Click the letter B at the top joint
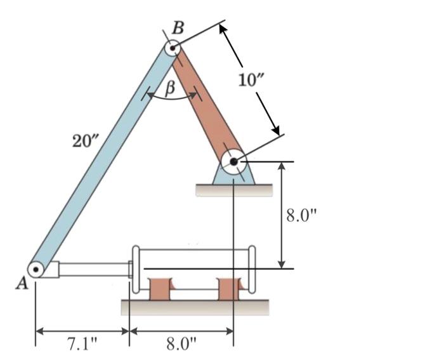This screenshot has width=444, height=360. pyautogui.click(x=179, y=27)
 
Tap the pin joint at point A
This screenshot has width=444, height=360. pyautogui.click(x=36, y=270)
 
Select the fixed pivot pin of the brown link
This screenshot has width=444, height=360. pyautogui.click(x=233, y=162)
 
